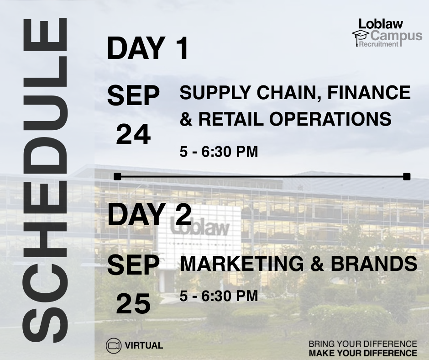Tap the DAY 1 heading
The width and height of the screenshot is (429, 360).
point(148,48)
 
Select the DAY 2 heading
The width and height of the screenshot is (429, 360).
point(149,214)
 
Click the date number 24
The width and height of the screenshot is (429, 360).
point(133,134)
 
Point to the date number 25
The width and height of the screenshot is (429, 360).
point(133,303)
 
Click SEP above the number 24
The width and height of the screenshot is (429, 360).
point(133,95)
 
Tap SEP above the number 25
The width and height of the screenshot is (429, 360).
point(133,265)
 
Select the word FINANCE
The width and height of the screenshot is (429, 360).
point(369,92)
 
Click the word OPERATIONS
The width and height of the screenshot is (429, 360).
point(330,119)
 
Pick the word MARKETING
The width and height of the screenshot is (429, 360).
point(241,264)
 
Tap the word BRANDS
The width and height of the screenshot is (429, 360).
point(374,264)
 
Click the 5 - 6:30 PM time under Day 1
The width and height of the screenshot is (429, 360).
point(219,152)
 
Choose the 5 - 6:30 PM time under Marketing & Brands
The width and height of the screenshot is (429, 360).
point(219,296)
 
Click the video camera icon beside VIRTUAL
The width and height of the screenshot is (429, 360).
point(113,345)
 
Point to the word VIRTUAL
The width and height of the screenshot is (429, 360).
point(144,345)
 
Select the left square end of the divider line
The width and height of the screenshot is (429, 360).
point(117,177)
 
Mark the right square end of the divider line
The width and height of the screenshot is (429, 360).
point(407,177)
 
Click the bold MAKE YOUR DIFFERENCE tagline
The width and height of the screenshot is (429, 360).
point(363,353)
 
